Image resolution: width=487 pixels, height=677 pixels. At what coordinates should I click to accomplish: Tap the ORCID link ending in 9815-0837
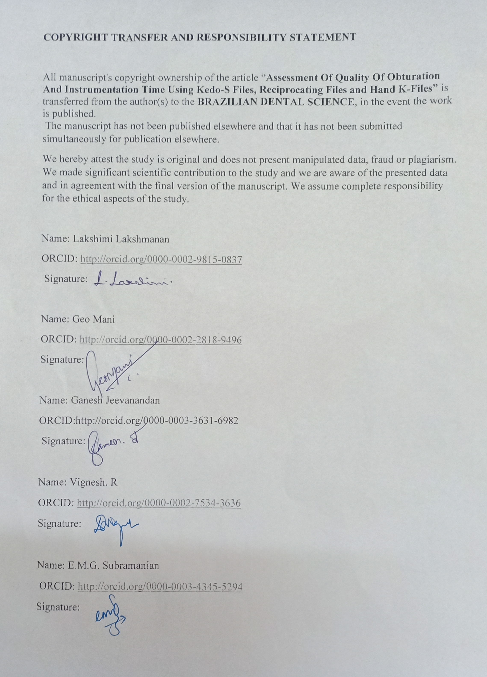point(161,259)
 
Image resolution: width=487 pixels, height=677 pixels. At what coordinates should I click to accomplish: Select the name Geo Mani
point(93,319)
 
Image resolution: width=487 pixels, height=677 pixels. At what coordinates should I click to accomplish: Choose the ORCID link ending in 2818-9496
point(161,340)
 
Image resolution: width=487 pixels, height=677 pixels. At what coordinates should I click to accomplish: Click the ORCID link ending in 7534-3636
point(159,503)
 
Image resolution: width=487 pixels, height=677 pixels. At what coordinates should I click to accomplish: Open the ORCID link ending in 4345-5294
point(160,587)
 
